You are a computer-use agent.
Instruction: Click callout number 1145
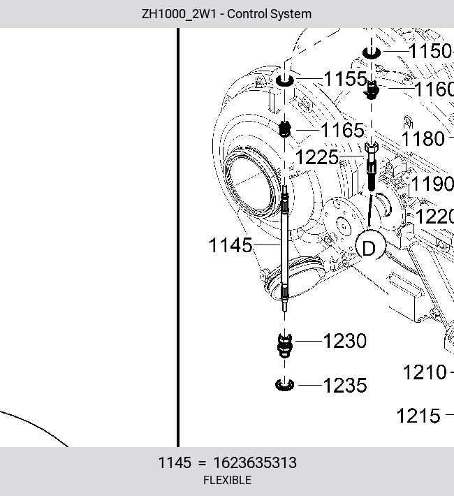point(230,245)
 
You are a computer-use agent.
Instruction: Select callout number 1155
point(345,78)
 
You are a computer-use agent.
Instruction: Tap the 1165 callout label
point(343,130)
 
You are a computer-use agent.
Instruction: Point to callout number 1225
point(316,157)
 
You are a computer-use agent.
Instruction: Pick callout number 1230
point(345,341)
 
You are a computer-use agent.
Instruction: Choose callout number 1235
point(345,386)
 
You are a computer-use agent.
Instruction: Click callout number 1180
point(423,139)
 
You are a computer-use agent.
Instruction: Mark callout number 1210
point(425,372)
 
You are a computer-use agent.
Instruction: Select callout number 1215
point(418,416)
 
